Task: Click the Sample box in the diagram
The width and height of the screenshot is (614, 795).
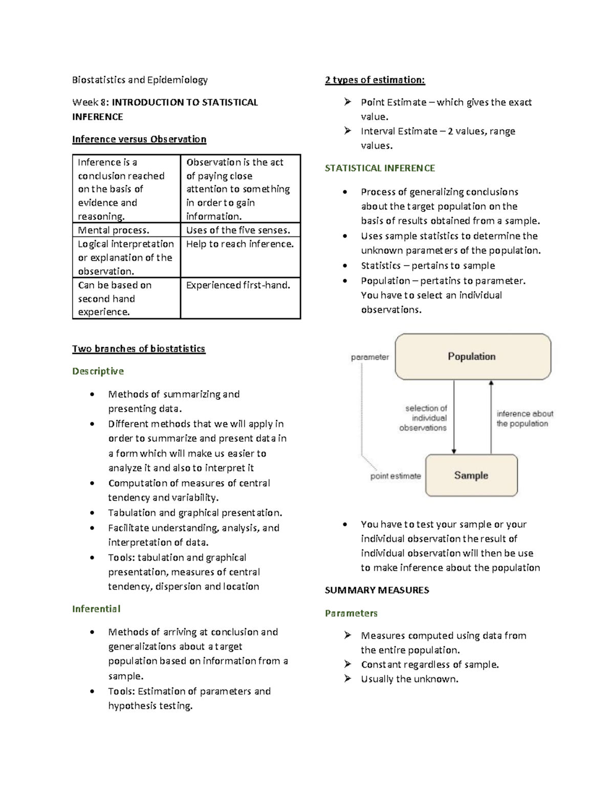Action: point(471,476)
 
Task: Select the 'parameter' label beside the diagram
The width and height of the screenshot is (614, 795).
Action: point(369,357)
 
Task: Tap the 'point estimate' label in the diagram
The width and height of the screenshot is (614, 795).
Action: point(396,476)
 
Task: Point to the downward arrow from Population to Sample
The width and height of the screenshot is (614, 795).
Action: point(454,417)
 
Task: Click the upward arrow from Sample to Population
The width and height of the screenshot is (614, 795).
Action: point(491,417)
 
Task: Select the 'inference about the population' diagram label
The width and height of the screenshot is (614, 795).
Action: point(524,419)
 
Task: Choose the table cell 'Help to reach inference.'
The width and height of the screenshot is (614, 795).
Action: point(240,244)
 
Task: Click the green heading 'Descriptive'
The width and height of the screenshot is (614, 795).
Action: point(98,371)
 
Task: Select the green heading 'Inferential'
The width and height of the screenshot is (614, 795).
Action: point(96,609)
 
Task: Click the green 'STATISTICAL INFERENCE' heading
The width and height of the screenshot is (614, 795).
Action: point(380,168)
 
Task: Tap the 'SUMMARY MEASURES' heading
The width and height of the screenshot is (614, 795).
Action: point(377,590)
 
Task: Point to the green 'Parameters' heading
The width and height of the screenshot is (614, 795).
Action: point(351,613)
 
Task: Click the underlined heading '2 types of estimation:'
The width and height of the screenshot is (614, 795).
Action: point(375,80)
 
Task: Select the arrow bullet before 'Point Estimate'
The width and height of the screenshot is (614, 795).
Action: point(347,102)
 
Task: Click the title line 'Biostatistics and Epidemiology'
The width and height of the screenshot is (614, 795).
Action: point(140,80)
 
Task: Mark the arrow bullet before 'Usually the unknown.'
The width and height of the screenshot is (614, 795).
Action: point(347,679)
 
